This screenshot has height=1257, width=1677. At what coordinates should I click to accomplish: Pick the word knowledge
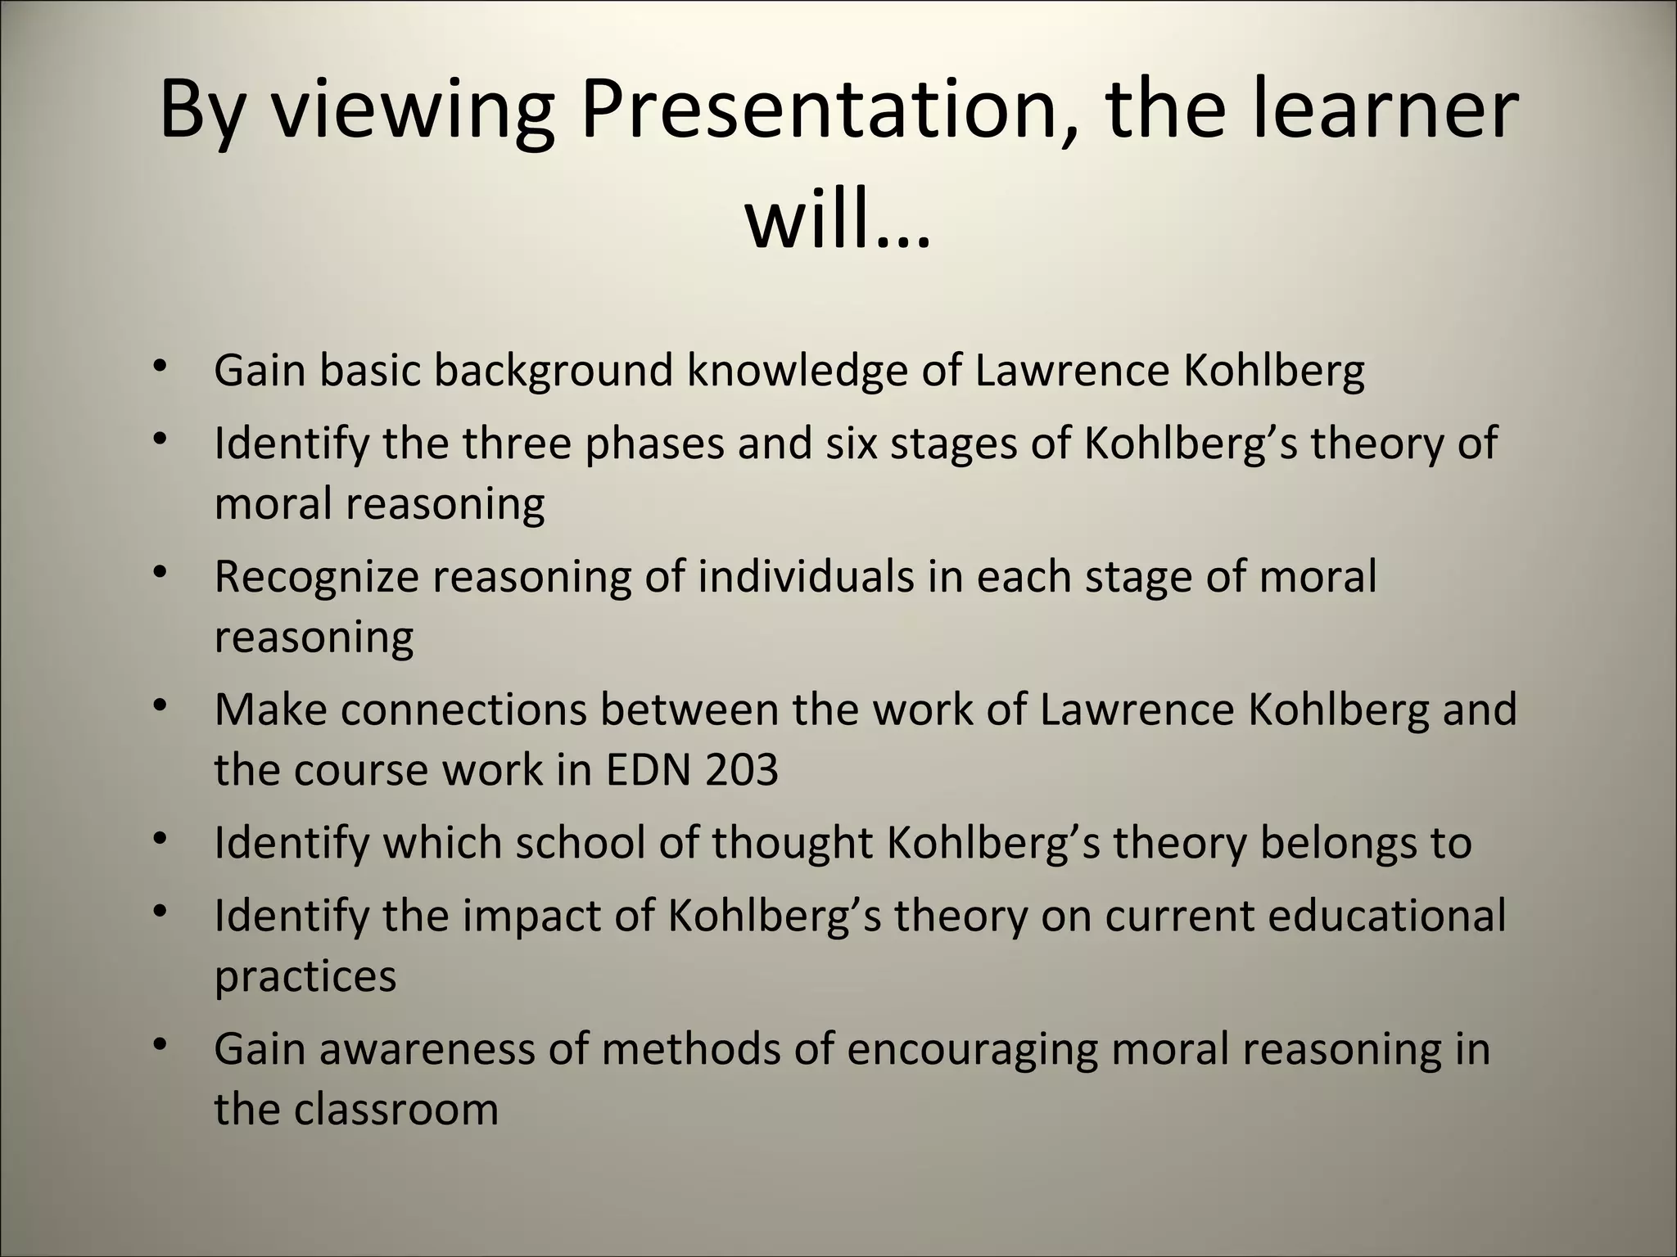[797, 371]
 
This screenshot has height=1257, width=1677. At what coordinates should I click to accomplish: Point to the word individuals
[806, 576]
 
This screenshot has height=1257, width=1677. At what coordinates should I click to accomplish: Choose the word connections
[464, 709]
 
